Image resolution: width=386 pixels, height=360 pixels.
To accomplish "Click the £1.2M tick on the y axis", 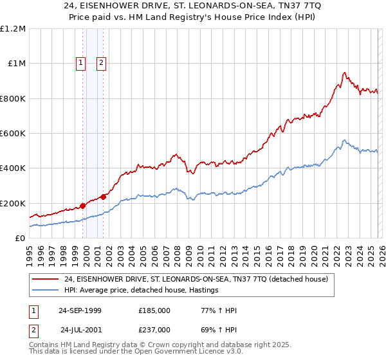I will point(13,29).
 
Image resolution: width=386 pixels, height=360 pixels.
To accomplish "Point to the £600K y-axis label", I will point(13,134).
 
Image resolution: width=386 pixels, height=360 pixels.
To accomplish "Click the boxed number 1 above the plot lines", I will point(81,63).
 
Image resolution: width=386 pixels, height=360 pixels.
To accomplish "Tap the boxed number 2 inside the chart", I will point(102,63).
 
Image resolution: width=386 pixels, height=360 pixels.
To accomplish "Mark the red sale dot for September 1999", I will point(82,206).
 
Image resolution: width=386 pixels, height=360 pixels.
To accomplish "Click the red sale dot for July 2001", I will point(104,197).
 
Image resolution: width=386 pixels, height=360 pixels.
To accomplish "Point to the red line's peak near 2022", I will point(345,73).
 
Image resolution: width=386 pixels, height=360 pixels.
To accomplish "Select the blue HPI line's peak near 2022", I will point(345,140).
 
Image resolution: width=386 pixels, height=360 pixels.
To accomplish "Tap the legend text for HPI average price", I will point(142,290).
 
